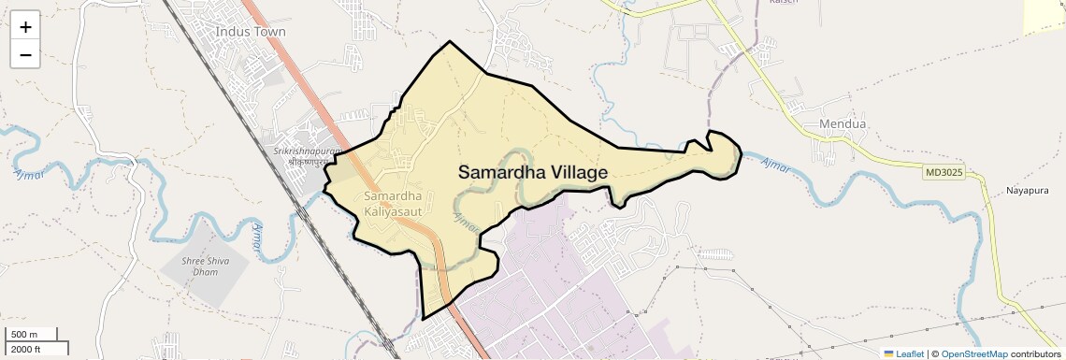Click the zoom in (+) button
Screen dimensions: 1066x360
click(x=25, y=27)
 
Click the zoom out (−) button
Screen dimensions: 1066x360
click(x=25, y=55)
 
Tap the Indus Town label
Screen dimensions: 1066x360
click(x=251, y=31)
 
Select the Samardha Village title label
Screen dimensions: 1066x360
click(x=533, y=173)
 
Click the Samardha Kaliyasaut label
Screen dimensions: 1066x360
click(x=393, y=205)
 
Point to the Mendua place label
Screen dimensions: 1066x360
click(x=843, y=123)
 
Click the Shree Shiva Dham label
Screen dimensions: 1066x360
click(x=206, y=266)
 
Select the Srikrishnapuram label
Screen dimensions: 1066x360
click(x=305, y=151)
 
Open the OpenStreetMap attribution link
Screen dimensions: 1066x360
click(x=973, y=353)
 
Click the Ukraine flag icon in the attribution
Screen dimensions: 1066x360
click(x=889, y=353)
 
